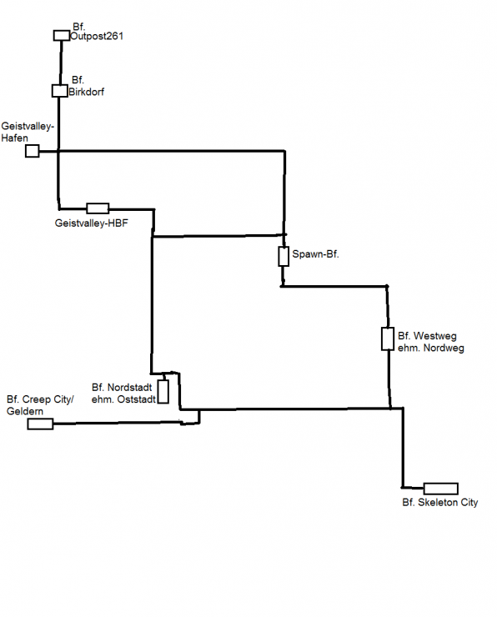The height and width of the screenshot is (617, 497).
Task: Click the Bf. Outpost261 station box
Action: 62,35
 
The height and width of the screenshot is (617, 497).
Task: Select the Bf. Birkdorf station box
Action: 60,91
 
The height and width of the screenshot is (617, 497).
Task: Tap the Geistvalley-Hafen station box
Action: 33,151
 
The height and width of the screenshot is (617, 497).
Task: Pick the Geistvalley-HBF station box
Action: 98,208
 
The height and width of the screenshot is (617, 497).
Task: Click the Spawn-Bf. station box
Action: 284,257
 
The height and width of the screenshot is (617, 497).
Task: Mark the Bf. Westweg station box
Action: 388,339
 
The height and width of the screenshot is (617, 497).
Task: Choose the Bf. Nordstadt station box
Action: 163,392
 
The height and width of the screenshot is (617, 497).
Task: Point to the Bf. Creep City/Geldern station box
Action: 40,424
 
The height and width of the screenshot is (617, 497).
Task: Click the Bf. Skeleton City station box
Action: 441,489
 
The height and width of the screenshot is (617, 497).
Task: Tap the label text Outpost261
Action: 97,36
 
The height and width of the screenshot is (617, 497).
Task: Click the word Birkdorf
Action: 87,92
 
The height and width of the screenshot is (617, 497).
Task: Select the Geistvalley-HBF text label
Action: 91,223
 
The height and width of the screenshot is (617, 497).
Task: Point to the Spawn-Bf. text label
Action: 315,254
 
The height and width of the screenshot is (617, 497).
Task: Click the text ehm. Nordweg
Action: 431,349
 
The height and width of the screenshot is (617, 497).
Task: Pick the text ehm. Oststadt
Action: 123,399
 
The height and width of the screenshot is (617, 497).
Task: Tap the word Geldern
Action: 25,412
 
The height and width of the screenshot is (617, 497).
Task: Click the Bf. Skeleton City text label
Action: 440,503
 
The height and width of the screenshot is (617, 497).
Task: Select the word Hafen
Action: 14,138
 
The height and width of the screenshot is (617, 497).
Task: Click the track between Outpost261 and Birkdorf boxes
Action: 61,63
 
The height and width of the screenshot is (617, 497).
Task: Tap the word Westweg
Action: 435,336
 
